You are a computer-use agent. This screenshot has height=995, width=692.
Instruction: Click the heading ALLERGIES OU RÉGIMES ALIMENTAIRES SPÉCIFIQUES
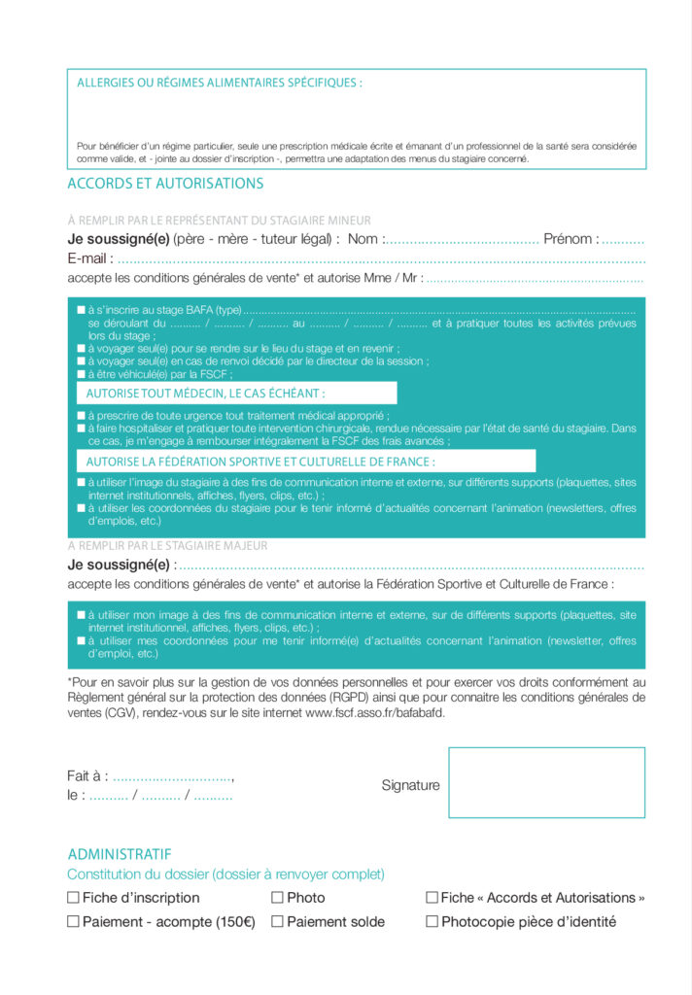coord(219,83)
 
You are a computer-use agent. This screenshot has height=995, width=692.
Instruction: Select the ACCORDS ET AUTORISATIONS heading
coord(165,183)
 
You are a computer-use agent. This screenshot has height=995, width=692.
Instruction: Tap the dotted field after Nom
coord(463,240)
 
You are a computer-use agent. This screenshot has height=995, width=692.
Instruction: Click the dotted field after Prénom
coord(623,240)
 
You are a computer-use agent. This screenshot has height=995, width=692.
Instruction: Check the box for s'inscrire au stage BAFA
coord(82,310)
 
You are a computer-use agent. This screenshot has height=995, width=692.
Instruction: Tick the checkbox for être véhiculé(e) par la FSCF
coord(82,374)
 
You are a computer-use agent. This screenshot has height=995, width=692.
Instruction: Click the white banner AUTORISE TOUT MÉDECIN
coord(237,393)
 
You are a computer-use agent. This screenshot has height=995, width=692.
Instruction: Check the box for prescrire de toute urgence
coord(82,415)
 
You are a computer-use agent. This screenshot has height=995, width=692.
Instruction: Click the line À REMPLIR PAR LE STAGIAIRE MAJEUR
coord(167,546)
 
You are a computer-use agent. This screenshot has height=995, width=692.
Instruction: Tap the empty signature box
coord(546,782)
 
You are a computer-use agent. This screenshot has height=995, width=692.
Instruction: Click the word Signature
coord(410,785)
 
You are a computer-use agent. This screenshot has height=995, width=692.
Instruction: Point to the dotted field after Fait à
coord(173,776)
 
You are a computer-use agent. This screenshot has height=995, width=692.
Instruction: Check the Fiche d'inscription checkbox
coord(73,898)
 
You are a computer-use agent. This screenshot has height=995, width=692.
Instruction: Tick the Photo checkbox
coord(277,898)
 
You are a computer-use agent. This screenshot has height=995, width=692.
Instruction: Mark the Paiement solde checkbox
coord(277,921)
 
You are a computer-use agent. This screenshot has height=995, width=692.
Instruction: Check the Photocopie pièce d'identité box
coord(432,921)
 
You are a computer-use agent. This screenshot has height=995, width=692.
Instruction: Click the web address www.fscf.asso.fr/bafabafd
coord(375,712)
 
